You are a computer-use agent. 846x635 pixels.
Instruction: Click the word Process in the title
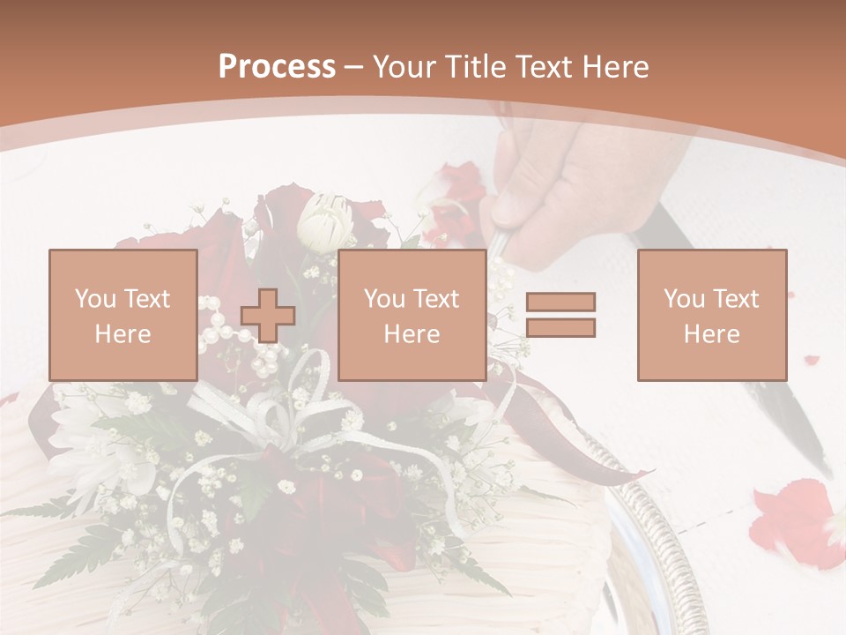[277, 67]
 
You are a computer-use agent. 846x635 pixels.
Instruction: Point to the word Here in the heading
[616, 67]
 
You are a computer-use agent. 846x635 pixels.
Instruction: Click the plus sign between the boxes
[268, 315]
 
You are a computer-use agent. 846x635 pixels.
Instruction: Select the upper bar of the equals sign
[560, 302]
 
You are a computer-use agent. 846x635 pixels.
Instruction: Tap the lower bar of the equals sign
[560, 327]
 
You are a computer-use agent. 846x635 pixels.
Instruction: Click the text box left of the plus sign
[122, 315]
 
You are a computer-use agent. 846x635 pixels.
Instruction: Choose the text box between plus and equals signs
[412, 315]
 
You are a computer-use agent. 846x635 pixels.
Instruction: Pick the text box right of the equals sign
[711, 315]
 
